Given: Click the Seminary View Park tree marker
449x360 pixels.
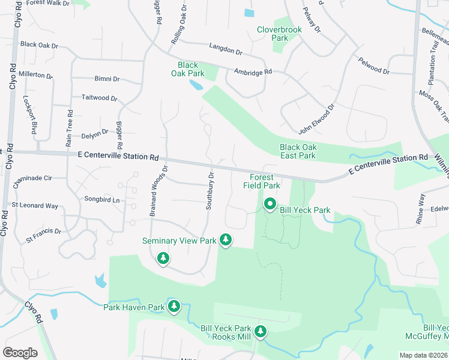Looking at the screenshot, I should coord(226,240).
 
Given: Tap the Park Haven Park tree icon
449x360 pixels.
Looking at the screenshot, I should coord(174,307).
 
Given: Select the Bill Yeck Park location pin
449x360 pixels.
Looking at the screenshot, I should coord(270,205).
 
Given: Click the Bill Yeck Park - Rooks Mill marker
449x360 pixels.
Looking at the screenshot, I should coord(260,331).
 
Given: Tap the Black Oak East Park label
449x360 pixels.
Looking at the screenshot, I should coord(298,151).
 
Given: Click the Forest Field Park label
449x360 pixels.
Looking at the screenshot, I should coord(262,181).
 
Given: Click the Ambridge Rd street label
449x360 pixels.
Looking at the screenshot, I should coord(253,71).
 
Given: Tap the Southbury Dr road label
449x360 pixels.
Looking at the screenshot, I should coord(210,191).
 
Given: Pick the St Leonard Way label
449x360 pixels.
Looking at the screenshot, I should coord(35,206).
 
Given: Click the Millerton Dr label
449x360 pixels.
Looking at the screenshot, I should coord(36,75).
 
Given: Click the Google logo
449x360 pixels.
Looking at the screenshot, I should coord(20,352).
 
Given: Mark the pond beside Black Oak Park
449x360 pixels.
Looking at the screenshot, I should coord(196,85).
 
